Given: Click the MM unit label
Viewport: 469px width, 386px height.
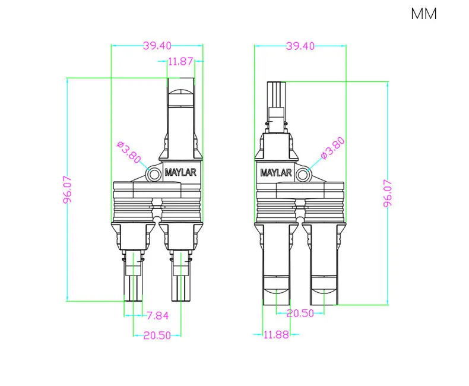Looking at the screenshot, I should click(x=423, y=14).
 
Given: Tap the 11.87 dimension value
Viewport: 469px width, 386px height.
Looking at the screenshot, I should click(x=180, y=61).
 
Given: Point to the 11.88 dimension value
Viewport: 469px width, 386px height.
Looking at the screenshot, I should click(x=275, y=335).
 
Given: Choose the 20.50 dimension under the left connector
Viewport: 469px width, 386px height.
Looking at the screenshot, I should click(x=157, y=336).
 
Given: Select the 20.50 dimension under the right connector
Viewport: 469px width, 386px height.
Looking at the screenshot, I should click(x=300, y=314).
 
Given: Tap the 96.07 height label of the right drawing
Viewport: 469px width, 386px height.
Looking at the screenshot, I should click(x=388, y=193).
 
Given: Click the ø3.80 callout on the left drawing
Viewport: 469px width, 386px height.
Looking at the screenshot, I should click(x=129, y=153).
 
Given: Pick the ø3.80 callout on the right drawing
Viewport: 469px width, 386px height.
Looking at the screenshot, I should click(x=332, y=148).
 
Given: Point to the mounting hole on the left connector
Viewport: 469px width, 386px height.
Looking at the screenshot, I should click(x=154, y=173).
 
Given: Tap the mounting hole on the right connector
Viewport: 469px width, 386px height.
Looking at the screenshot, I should click(x=303, y=173).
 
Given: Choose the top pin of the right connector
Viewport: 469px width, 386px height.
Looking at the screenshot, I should click(x=276, y=98).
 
